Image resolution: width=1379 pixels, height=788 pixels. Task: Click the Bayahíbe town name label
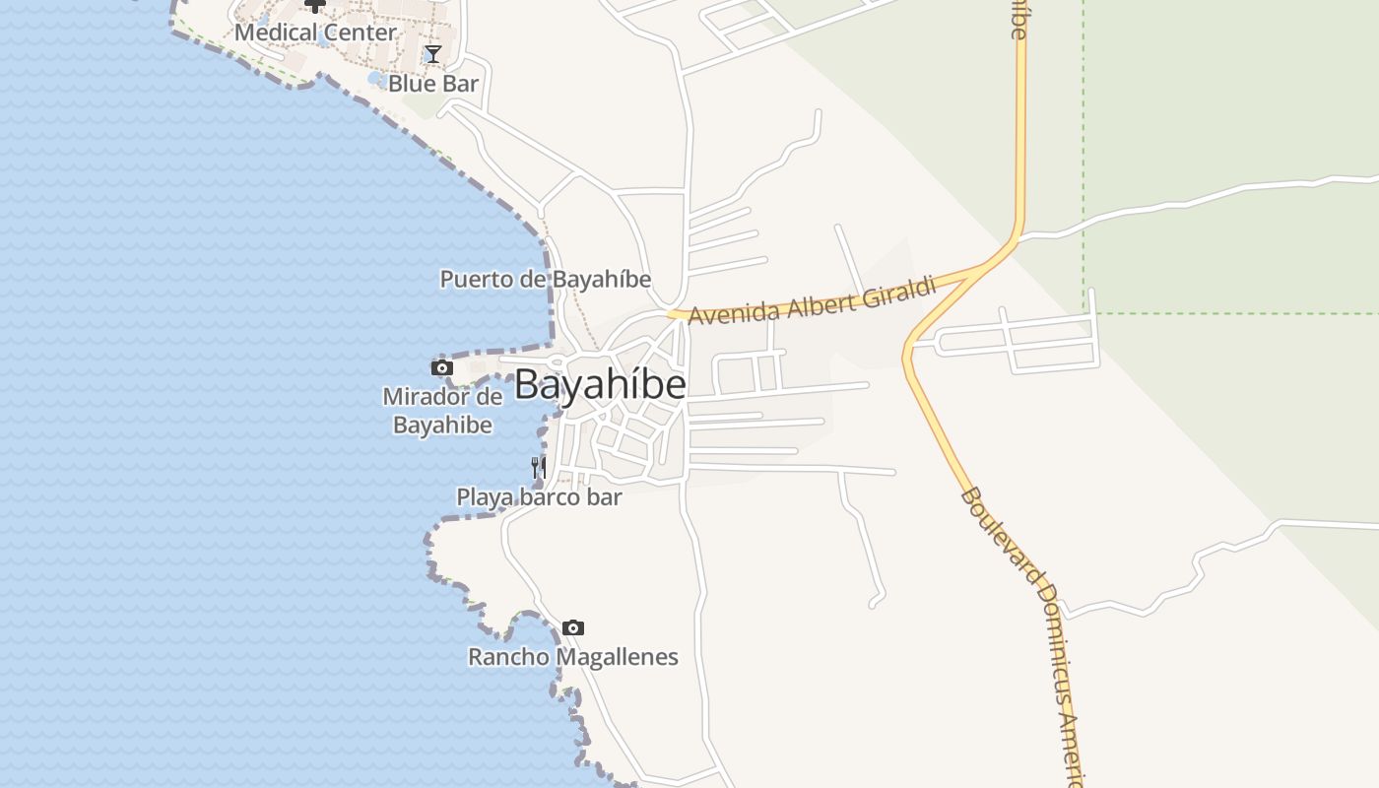coord(600,384)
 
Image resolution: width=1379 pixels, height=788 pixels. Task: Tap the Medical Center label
coord(315,33)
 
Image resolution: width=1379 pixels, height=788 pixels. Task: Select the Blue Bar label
coord(432,84)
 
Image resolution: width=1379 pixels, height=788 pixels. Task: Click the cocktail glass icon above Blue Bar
coord(432,53)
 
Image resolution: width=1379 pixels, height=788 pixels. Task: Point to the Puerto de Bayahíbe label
coord(545,280)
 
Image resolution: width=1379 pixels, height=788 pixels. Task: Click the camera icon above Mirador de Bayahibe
coord(441,368)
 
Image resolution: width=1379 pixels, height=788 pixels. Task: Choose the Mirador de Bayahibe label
coord(442,411)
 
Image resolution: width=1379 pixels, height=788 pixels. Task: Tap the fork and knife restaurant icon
coord(538,467)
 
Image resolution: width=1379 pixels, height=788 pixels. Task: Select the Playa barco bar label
coord(539,497)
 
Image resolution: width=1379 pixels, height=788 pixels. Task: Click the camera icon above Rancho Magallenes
coord(572,627)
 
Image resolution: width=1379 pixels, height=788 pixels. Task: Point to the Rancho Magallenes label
coord(572,657)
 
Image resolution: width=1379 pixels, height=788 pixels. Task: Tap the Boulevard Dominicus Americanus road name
coord(1024,630)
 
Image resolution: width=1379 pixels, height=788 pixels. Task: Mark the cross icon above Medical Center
coord(314,5)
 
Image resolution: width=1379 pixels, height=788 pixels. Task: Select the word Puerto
coord(477,280)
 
